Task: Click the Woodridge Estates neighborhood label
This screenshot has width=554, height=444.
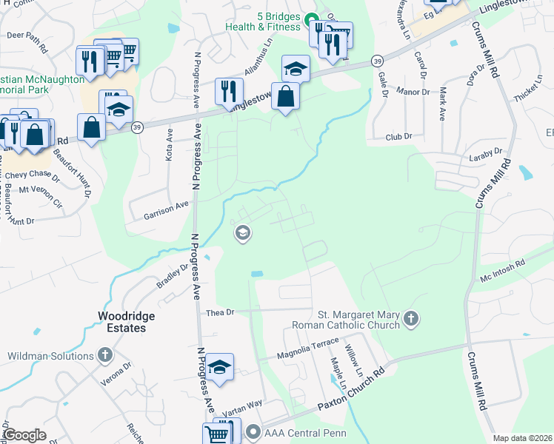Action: [127, 322]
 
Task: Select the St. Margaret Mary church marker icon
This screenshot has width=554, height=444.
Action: [411, 320]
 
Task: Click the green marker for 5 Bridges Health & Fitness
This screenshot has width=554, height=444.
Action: [312, 20]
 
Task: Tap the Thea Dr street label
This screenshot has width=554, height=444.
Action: [220, 312]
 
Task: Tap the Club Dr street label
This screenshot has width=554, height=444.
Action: [398, 137]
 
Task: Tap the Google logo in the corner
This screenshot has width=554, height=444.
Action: [24, 435]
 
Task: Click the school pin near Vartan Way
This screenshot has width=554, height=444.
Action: [220, 367]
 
